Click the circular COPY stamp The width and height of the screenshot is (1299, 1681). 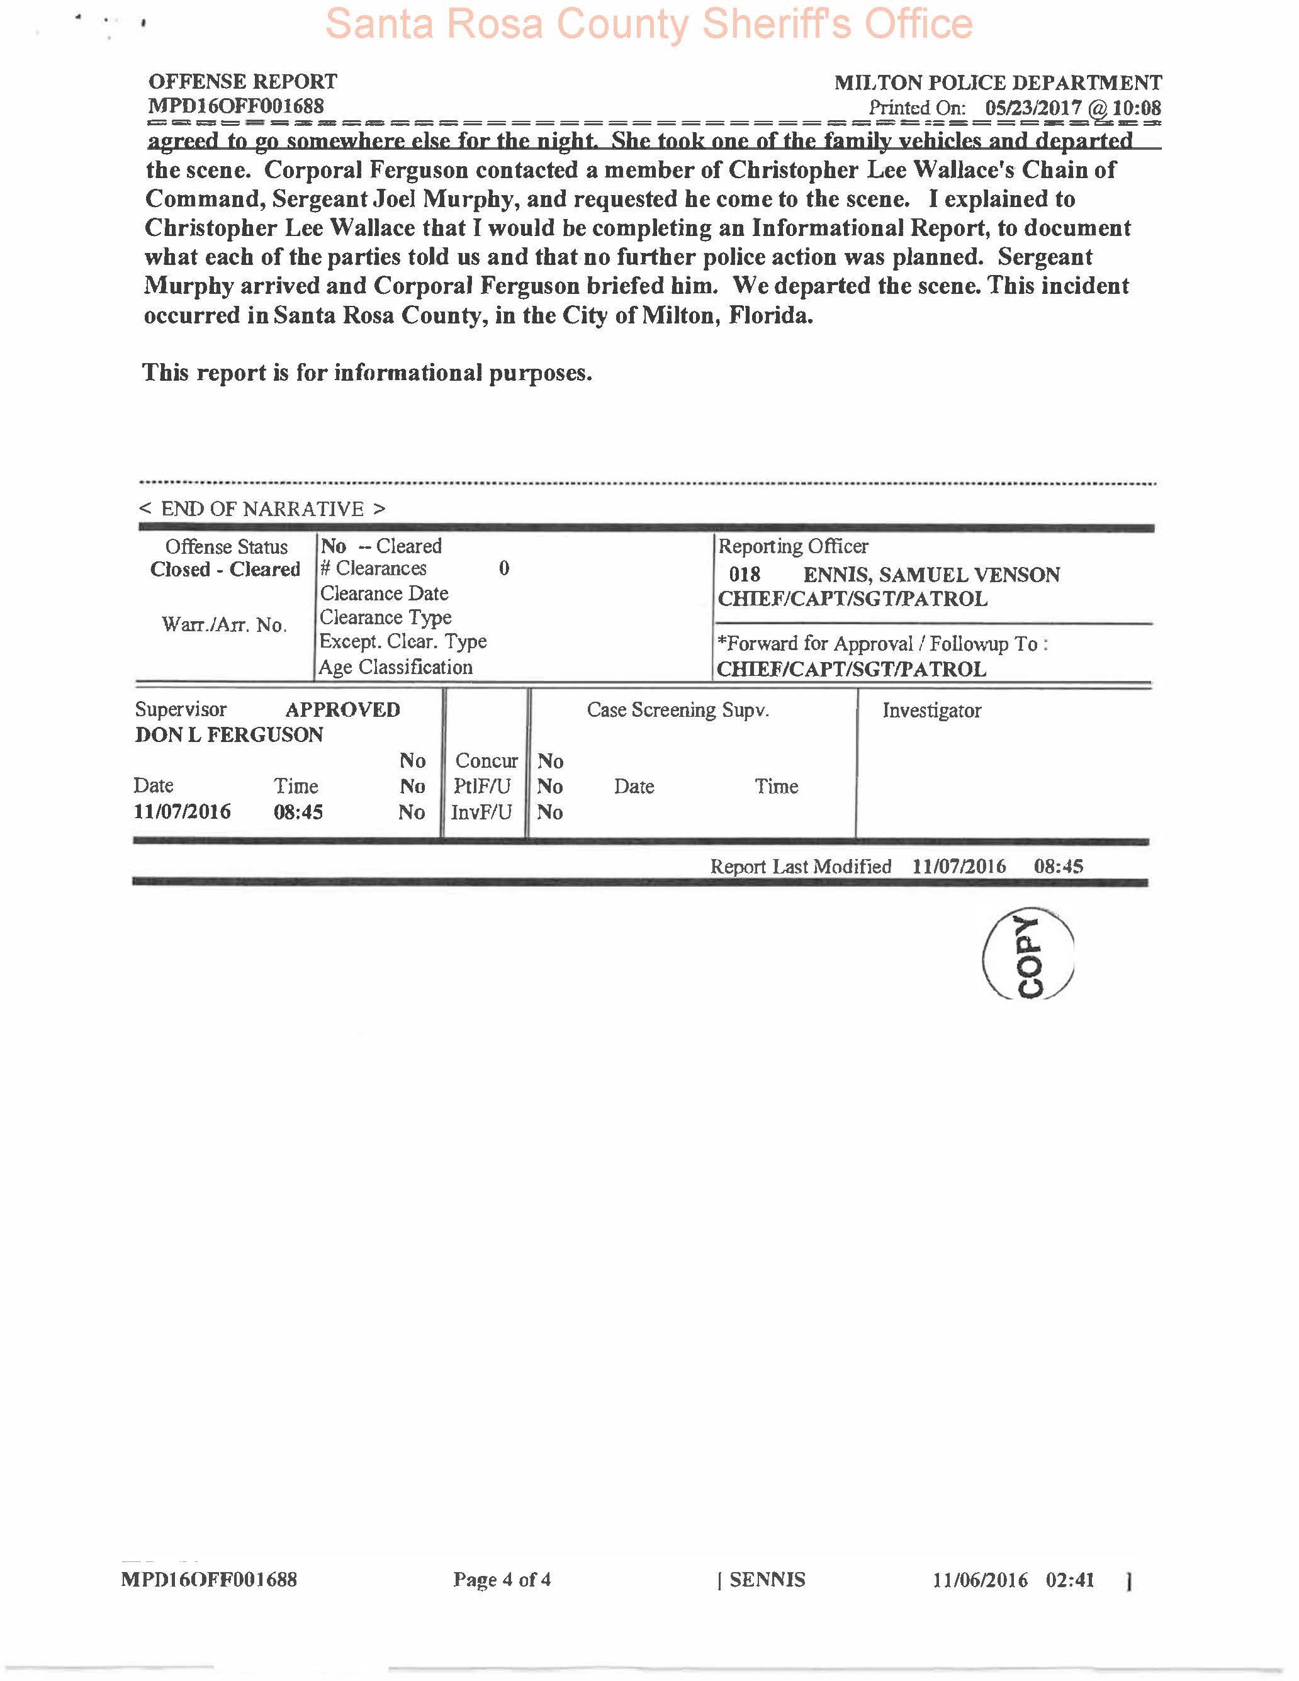pyautogui.click(x=1028, y=955)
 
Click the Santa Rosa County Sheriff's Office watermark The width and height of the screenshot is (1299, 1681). pyautogui.click(x=649, y=24)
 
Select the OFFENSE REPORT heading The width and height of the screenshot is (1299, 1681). pyautogui.click(x=242, y=82)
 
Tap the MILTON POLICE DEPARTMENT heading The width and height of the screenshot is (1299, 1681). pyautogui.click(x=998, y=82)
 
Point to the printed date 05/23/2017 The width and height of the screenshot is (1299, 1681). pyautogui.click(x=1033, y=108)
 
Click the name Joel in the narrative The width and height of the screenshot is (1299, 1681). pyautogui.click(x=394, y=200)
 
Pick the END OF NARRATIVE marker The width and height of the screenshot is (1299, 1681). pyautogui.click(x=262, y=509)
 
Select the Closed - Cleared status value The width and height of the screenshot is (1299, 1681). pyautogui.click(x=225, y=570)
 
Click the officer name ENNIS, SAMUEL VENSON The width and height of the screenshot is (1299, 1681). pyautogui.click(x=931, y=575)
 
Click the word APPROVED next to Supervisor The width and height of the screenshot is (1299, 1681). pyautogui.click(x=342, y=710)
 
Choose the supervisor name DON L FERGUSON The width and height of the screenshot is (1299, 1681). pyautogui.click(x=228, y=735)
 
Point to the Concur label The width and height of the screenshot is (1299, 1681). pyautogui.click(x=486, y=762)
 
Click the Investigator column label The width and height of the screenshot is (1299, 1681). pyautogui.click(x=931, y=711)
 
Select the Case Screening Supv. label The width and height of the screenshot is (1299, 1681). pyautogui.click(x=677, y=710)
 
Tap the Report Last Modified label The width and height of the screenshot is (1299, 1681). pyautogui.click(x=801, y=867)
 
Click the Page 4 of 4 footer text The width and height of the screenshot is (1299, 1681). pyautogui.click(x=502, y=1580)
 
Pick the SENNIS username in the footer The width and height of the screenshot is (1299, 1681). pyautogui.click(x=767, y=1580)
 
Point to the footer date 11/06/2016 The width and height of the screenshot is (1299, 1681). pyautogui.click(x=980, y=1580)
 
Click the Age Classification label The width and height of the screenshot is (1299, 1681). pyautogui.click(x=395, y=667)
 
